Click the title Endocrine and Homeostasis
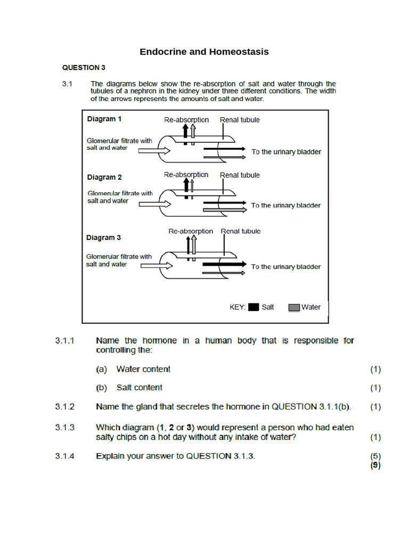click(204, 52)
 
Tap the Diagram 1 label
click(104, 119)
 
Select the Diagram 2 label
click(104, 177)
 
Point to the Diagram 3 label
click(104, 237)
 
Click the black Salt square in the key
click(253, 307)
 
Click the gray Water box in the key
click(294, 307)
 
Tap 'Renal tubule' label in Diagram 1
click(240, 120)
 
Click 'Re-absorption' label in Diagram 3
click(190, 231)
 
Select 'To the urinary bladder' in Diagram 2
click(286, 205)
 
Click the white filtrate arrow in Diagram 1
click(154, 151)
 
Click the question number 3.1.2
click(65, 406)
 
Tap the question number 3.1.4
click(65, 456)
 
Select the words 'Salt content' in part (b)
click(140, 388)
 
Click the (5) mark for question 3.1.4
click(375, 456)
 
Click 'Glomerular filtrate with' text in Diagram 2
click(120, 193)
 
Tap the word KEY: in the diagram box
click(237, 307)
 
